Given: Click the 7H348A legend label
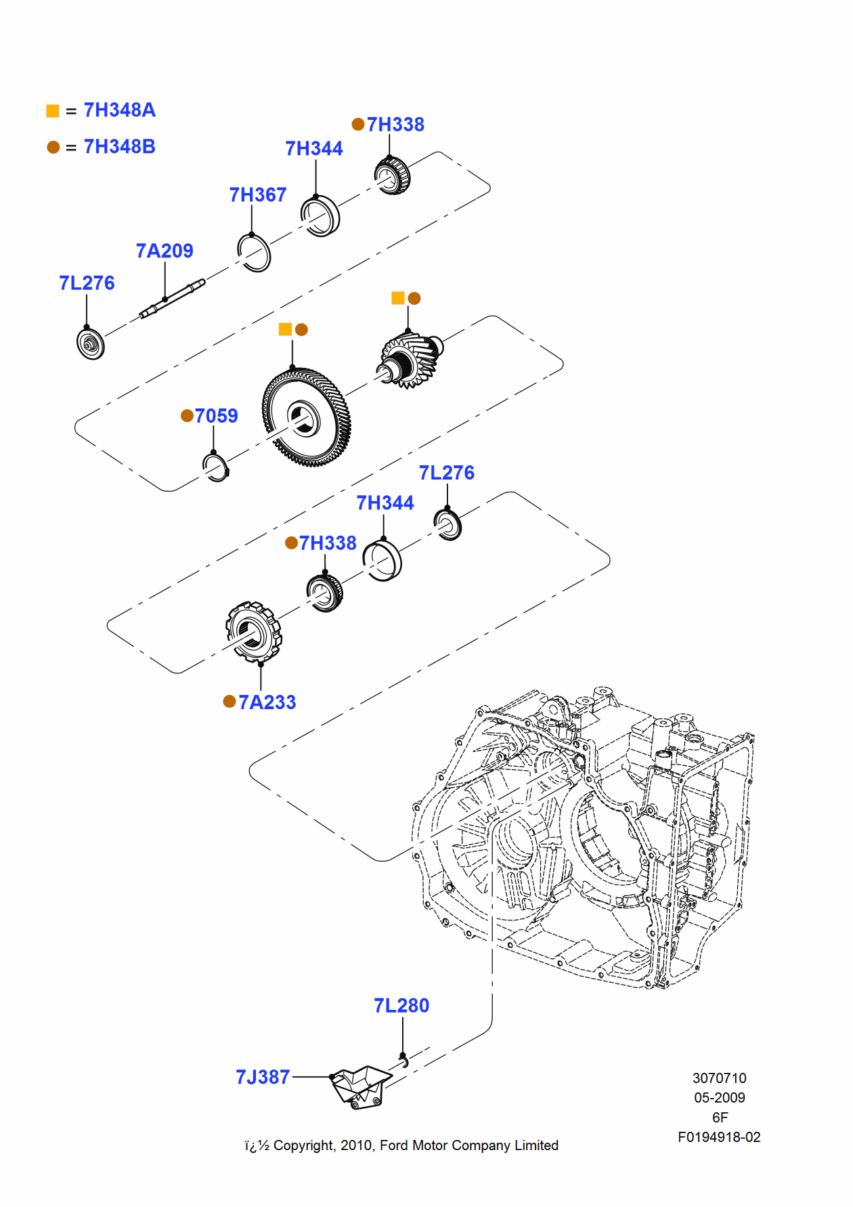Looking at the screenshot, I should click(119, 110).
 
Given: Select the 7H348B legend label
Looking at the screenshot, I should click(119, 146).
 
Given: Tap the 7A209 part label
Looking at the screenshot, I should click(165, 251).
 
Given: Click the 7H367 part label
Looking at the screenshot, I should click(258, 195).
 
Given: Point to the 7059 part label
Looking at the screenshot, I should click(216, 416).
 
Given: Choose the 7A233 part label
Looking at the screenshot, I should click(267, 702).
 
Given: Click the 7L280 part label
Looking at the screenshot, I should click(401, 1006).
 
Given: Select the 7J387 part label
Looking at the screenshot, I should click(263, 1077).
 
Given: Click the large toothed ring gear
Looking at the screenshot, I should click(307, 417).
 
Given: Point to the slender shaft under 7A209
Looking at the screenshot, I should click(172, 299).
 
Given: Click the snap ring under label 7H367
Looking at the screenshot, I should click(255, 253).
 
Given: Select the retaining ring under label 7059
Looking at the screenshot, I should click(216, 467).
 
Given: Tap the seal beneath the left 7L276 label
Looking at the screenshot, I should click(90, 344).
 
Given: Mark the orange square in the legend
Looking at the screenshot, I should click(52, 110).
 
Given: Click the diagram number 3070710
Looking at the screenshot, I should click(719, 1078).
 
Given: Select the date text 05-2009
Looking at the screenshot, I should click(719, 1097).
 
